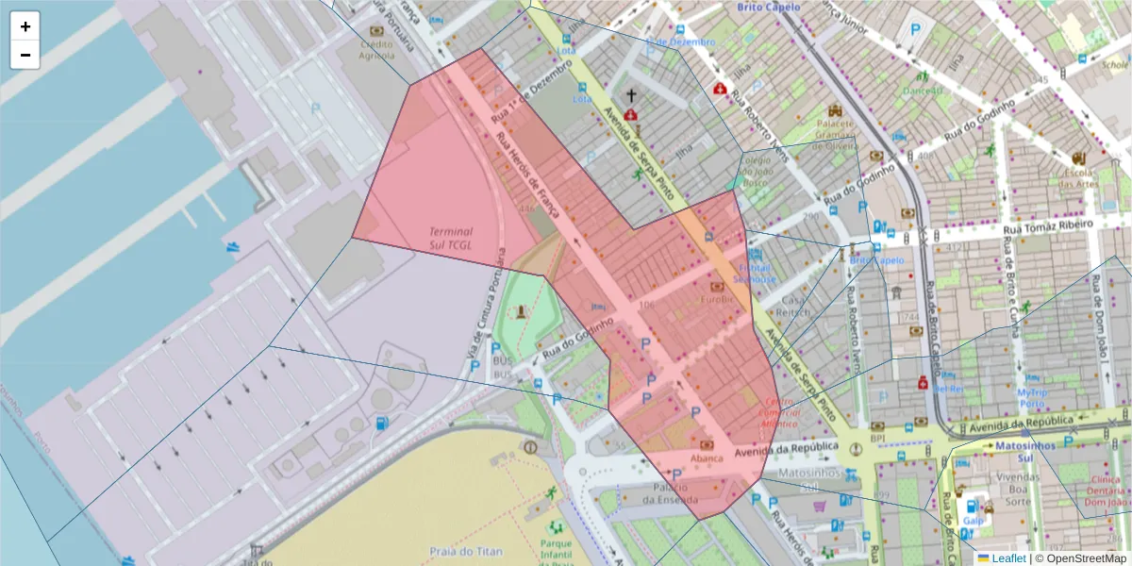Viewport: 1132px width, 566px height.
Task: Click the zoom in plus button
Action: point(25,26)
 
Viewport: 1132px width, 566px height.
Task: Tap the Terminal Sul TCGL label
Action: point(451,237)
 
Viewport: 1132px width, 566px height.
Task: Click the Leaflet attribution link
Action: point(1007,558)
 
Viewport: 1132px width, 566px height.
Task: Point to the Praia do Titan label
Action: point(466,551)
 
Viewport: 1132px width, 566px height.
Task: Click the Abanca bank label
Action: point(707,458)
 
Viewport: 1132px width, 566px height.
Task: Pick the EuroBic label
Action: point(716,299)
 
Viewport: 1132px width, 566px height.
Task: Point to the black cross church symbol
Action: point(631,95)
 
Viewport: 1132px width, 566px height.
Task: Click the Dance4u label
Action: point(923,91)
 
